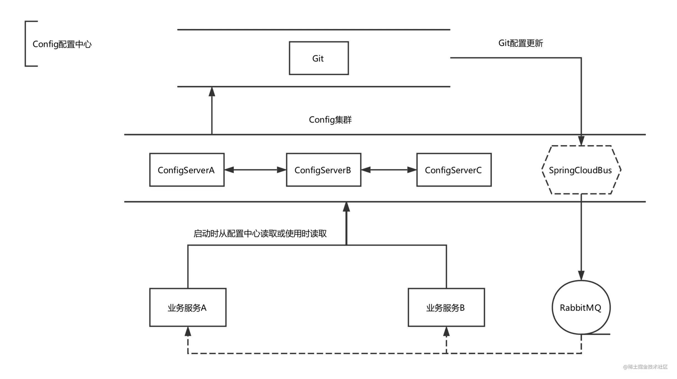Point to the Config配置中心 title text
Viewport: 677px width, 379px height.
(62, 44)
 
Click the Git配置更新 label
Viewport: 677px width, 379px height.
(521, 43)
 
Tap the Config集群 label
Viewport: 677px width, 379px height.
(330, 120)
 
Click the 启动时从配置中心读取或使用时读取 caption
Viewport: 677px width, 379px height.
(260, 233)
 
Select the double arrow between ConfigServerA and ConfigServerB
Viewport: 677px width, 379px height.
(255, 170)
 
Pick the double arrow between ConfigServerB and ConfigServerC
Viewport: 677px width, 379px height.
(389, 170)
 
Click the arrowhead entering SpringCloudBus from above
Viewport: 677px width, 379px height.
(581, 141)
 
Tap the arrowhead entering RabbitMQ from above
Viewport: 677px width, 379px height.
(581, 275)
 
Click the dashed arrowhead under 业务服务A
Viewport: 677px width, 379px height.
(188, 331)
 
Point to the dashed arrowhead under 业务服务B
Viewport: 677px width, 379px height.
(446, 331)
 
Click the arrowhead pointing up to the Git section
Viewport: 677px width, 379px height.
(212, 92)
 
